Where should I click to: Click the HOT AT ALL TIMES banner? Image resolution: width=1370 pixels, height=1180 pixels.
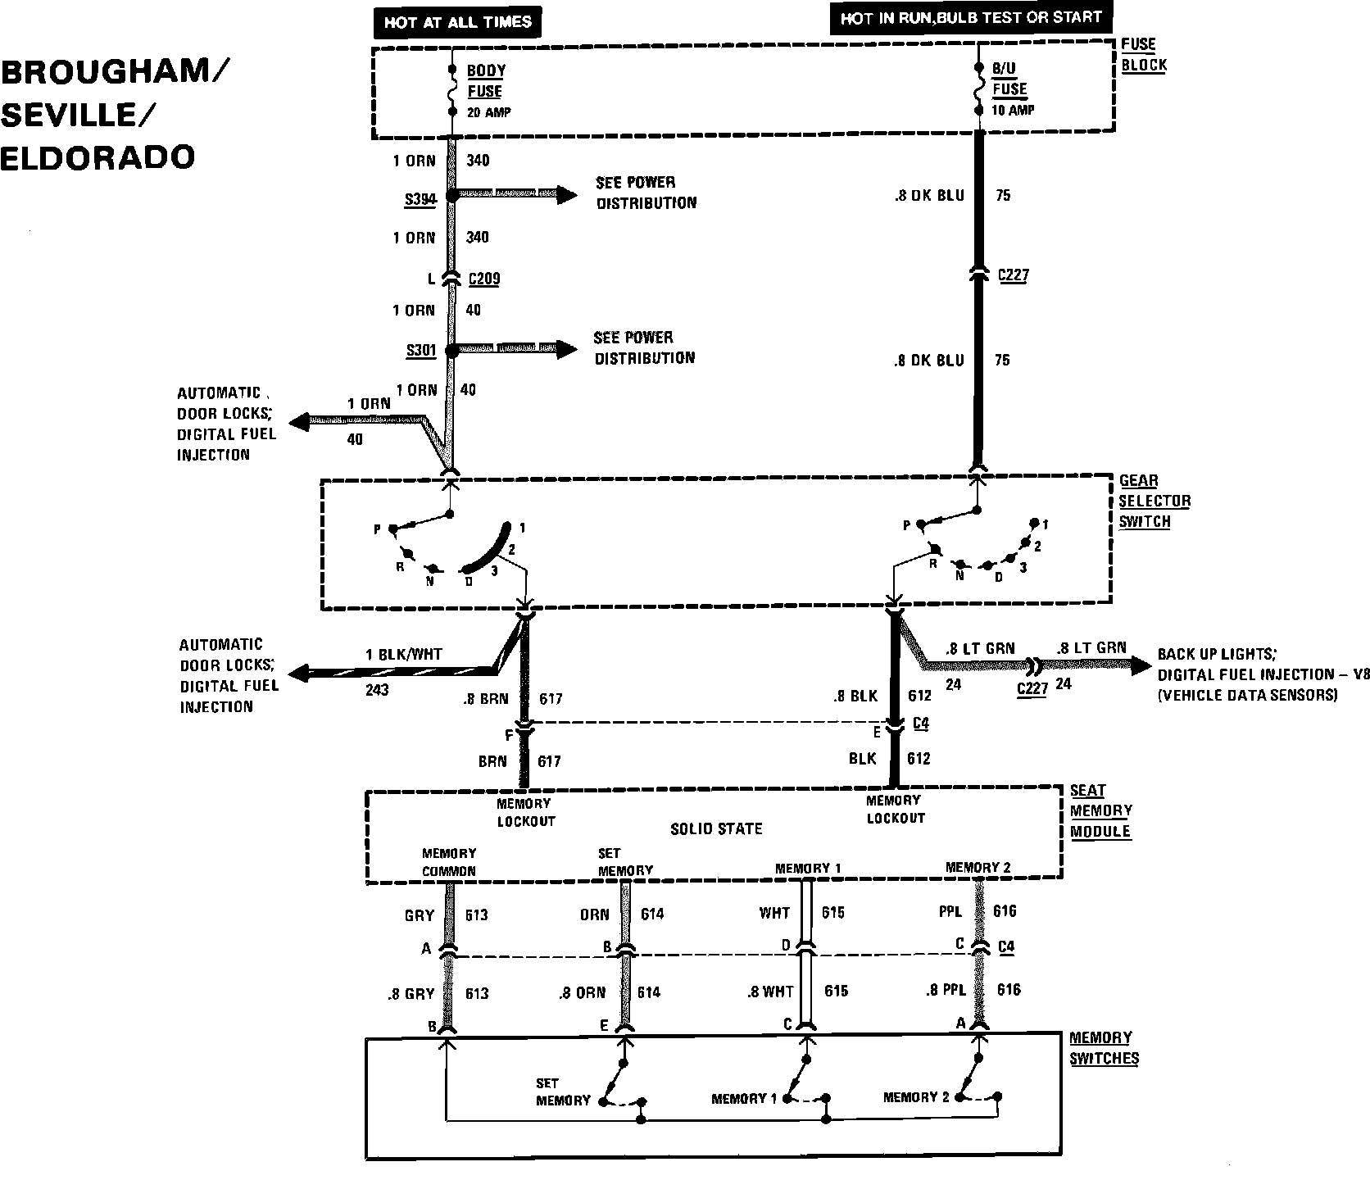click(x=458, y=22)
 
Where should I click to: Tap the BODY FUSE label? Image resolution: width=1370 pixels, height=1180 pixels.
click(x=485, y=81)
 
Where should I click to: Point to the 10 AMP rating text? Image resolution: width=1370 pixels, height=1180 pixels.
click(x=1013, y=110)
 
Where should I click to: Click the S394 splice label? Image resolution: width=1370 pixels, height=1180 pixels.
click(x=420, y=198)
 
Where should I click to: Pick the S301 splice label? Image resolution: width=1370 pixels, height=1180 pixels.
click(x=420, y=351)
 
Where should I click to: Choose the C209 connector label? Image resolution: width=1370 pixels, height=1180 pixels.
click(x=483, y=279)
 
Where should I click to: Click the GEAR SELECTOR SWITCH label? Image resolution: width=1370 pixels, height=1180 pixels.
click(x=1155, y=501)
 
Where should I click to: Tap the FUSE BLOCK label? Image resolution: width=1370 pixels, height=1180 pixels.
click(x=1143, y=55)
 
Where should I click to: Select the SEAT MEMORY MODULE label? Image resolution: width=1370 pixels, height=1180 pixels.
click(x=1100, y=810)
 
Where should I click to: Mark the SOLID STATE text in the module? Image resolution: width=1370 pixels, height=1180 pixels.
click(x=716, y=828)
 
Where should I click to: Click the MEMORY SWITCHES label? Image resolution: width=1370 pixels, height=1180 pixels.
click(x=1104, y=1048)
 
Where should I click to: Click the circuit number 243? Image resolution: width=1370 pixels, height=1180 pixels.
click(x=377, y=690)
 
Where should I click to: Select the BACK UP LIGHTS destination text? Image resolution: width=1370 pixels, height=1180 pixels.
click(x=1216, y=654)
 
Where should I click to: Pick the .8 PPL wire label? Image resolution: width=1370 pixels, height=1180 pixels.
click(x=946, y=990)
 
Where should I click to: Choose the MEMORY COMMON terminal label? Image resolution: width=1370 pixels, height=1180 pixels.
click(x=448, y=862)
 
